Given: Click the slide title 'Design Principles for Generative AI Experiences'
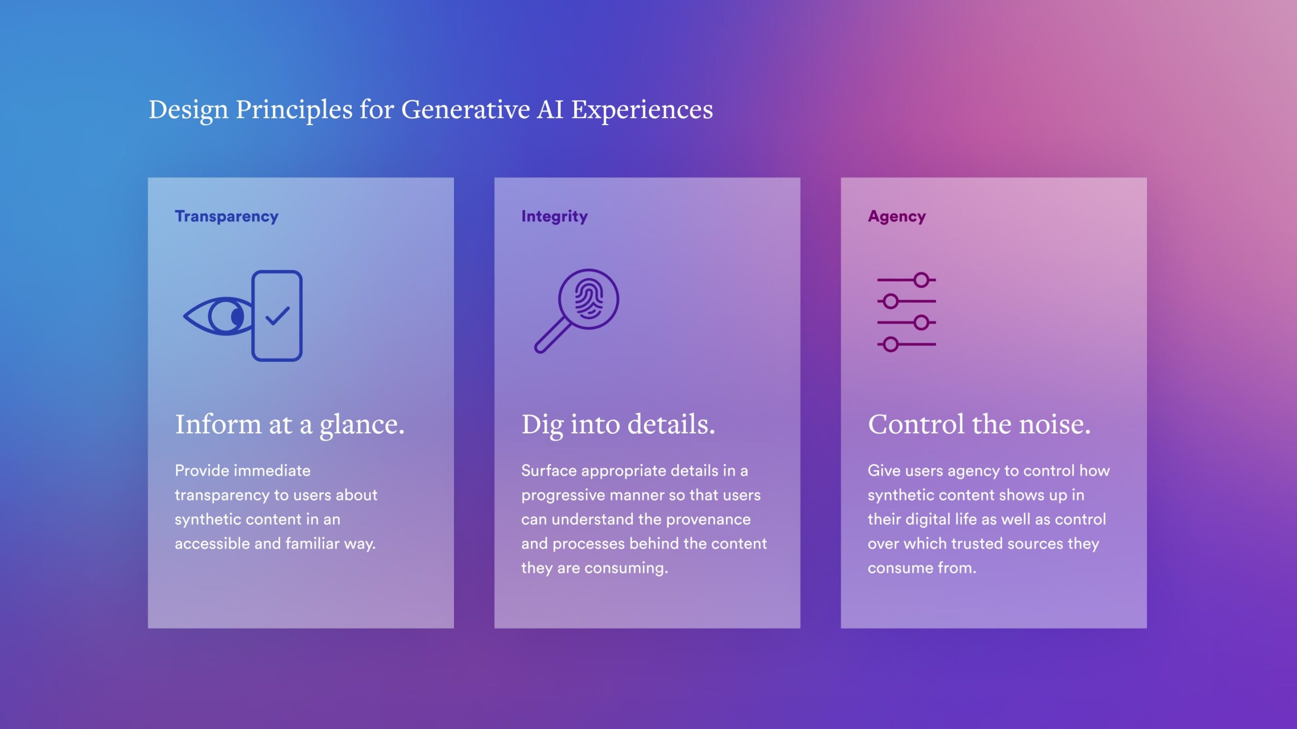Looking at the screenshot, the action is coord(431,110).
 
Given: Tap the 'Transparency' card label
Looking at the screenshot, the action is coord(226,217).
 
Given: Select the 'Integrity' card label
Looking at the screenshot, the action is coord(554,217).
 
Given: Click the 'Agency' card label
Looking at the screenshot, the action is coord(897,217).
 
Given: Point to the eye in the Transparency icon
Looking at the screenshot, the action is coord(218,316).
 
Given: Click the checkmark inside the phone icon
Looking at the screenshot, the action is coord(278,316).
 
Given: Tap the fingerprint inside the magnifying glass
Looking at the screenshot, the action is coord(589,299).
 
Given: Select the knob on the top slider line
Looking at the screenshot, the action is coord(922,280).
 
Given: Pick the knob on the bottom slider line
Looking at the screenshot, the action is coord(891,345).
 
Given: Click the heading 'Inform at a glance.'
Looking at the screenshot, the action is coord(290,425).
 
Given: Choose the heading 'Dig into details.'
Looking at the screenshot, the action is coord(618,425).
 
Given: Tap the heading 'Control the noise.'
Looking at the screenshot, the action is coord(979,425).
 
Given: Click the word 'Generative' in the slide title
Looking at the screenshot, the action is coord(466,109).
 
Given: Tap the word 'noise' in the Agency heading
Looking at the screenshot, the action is coord(1051,425).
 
